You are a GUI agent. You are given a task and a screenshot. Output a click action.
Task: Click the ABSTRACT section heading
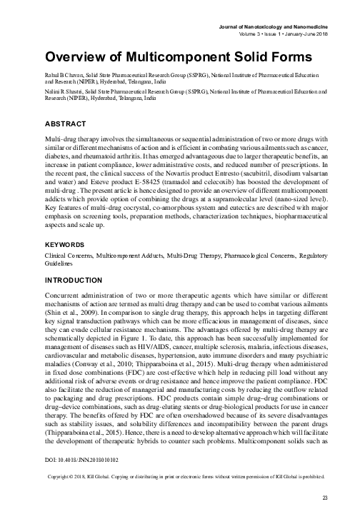tap(67, 124)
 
